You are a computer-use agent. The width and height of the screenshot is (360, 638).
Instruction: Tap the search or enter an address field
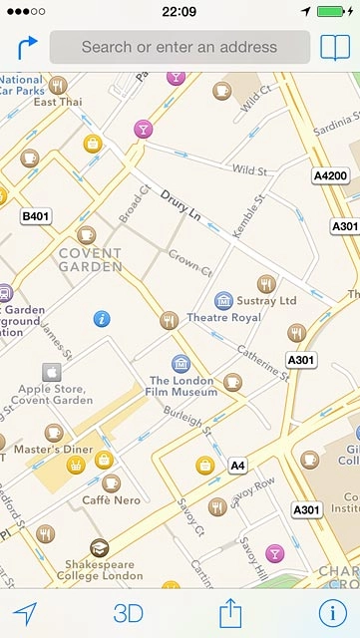180,47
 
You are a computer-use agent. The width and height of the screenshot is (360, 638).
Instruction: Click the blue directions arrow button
27,47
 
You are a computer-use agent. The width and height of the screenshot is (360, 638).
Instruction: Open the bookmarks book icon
335,47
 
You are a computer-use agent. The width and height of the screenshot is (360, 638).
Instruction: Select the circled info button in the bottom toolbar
331,613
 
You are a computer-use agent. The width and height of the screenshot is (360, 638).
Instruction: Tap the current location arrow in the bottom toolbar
26,613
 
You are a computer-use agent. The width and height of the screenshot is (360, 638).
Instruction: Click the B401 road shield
35,215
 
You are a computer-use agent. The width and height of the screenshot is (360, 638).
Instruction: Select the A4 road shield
237,466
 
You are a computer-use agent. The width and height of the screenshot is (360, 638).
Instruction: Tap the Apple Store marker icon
51,373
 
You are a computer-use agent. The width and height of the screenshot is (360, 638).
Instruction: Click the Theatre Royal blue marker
223,300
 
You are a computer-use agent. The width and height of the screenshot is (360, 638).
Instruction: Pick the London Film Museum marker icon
180,363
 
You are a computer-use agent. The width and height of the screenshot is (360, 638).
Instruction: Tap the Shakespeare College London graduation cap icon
99,547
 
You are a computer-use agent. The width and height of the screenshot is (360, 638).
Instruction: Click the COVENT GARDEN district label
90,260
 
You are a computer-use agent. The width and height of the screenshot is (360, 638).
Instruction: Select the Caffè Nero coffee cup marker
112,482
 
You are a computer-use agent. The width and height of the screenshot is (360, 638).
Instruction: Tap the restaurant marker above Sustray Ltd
266,283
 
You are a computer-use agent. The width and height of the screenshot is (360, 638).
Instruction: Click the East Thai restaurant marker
58,85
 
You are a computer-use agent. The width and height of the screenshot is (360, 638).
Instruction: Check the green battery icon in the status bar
336,12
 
